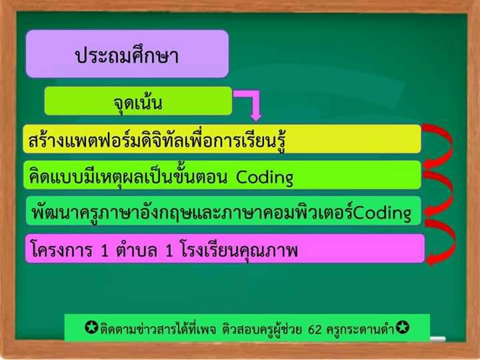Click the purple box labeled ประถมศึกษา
point(127,54)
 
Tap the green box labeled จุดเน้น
point(138,101)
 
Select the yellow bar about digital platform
point(222,139)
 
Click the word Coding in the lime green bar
point(265,177)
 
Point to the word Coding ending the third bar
point(382,213)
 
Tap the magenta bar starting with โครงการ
point(225,249)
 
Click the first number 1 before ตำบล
point(105,251)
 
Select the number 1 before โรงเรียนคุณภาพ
point(169,251)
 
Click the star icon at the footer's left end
point(91,327)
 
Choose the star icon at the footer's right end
point(402,327)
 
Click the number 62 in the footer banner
point(315,329)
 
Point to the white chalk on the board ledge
point(437,339)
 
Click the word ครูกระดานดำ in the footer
point(360,329)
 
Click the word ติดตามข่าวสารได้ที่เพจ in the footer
point(158,329)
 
